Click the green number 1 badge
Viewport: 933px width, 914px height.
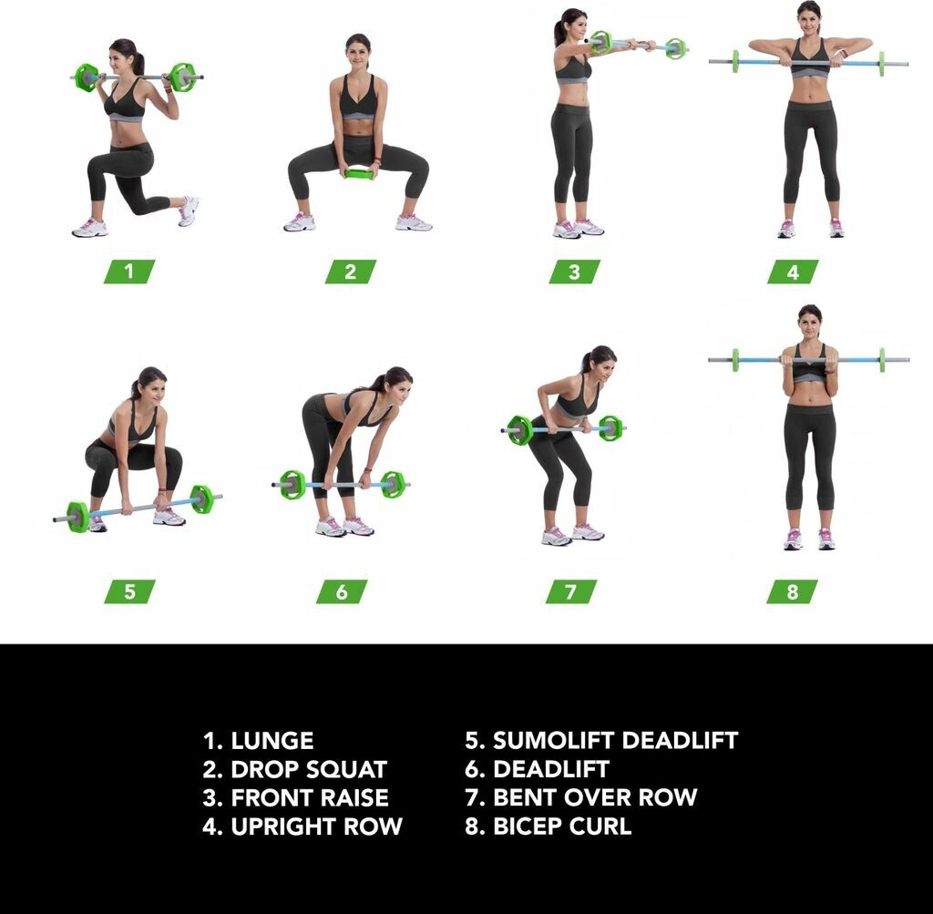129,272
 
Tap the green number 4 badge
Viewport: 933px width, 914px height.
793,272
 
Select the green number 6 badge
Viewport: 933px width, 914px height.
342,591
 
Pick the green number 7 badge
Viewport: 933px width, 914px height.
571,591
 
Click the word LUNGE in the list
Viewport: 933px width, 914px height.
272,741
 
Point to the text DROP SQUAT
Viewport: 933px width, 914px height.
309,769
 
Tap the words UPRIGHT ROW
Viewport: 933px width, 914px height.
316,826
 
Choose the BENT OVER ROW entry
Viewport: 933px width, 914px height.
595,797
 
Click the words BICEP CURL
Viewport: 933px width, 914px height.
562,826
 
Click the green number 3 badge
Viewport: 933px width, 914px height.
574,272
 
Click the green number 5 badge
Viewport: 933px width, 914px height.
129,591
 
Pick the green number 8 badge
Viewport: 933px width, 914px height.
792,591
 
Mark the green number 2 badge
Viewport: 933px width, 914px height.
351,272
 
